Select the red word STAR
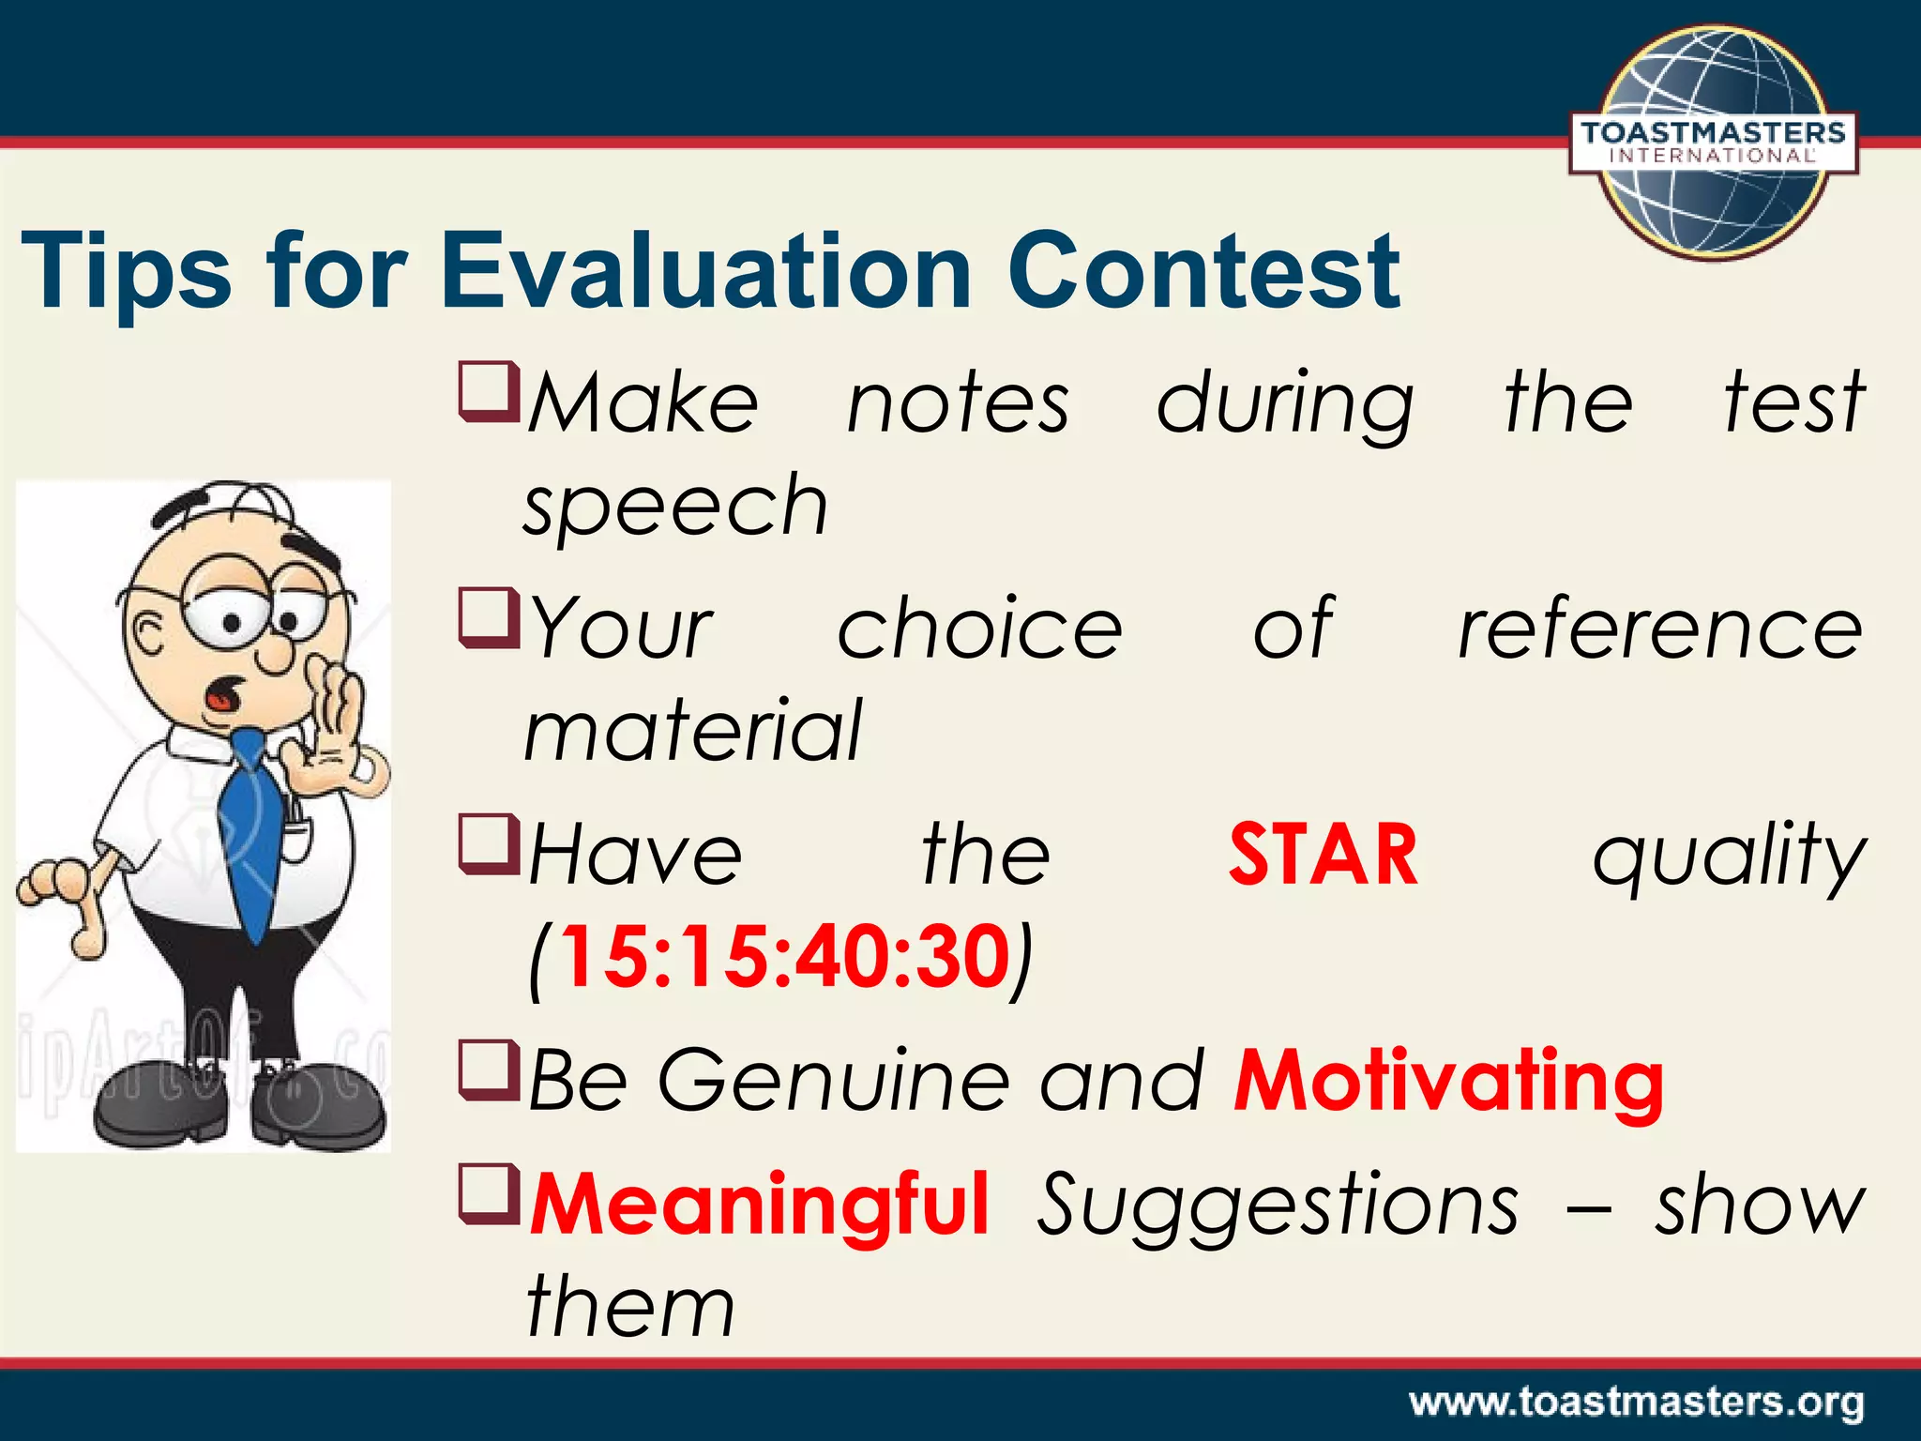tap(1323, 855)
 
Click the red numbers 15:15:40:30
tap(783, 958)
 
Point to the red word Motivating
tap(1448, 1081)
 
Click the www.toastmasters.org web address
tap(1636, 1403)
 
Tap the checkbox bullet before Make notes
tap(488, 392)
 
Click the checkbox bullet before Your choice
tap(488, 618)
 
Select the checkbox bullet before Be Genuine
tap(488, 1070)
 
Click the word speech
tap(675, 508)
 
